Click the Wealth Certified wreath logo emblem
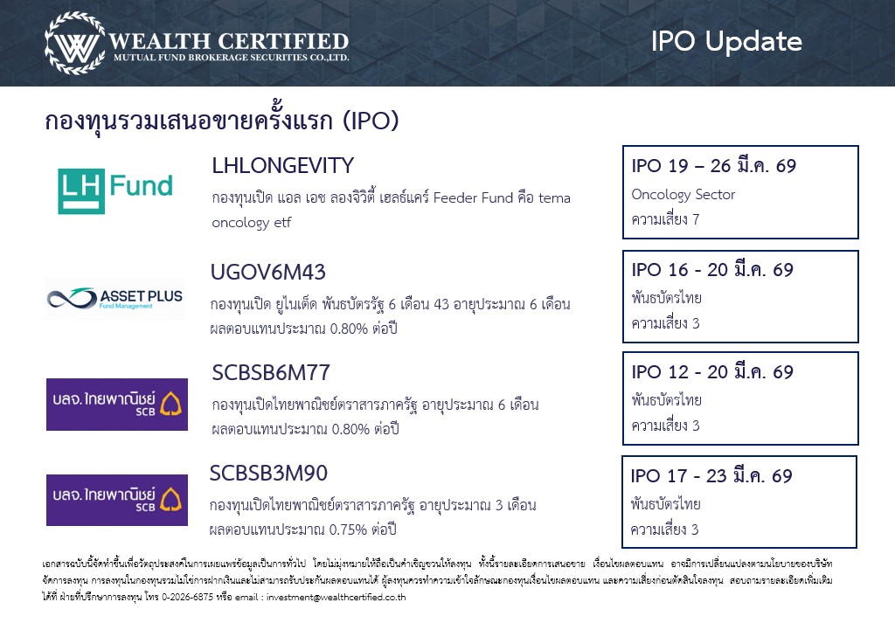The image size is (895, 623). [75, 43]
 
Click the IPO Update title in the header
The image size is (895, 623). [726, 41]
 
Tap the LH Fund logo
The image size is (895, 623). [115, 191]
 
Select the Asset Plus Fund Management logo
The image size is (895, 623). [114, 298]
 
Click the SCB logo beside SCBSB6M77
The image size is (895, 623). [117, 404]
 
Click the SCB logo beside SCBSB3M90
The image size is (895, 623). [117, 500]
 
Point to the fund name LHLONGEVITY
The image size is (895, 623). [282, 165]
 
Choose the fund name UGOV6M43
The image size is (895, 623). [267, 272]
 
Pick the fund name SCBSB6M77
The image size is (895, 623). [271, 372]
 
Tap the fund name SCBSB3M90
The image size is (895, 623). [268, 473]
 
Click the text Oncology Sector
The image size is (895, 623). [683, 195]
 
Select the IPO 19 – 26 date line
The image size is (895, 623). [713, 165]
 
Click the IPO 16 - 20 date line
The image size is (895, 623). [712, 269]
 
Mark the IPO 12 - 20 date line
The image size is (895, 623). [712, 371]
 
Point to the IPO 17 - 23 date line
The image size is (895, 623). [711, 475]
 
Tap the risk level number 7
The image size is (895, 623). [695, 219]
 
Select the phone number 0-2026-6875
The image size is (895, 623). [187, 597]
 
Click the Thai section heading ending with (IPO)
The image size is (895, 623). [221, 121]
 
